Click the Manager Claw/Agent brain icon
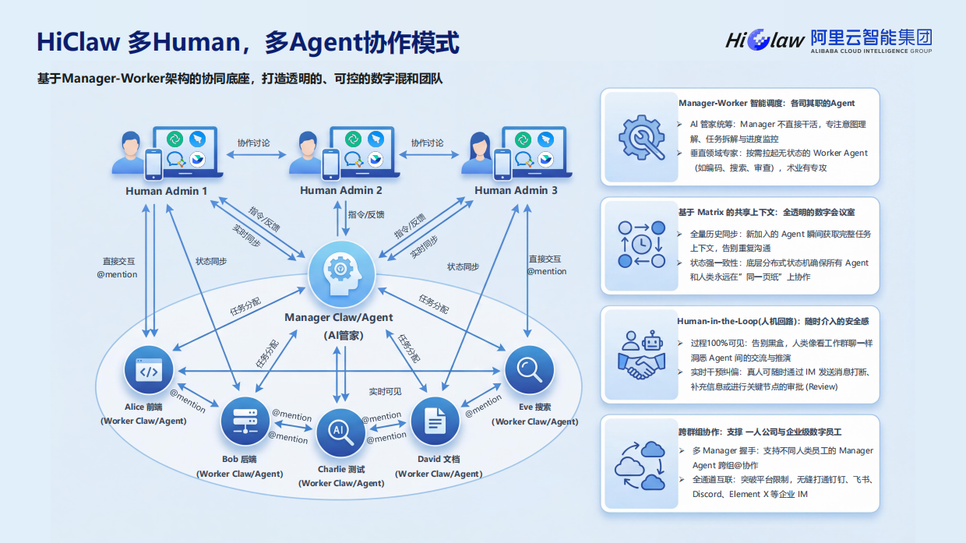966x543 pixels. click(x=340, y=273)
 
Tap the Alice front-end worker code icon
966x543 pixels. click(x=148, y=371)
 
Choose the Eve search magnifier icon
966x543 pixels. click(x=529, y=370)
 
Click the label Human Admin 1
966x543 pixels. click(x=166, y=191)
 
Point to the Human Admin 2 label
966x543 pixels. click(x=340, y=191)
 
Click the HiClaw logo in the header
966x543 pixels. click(x=764, y=40)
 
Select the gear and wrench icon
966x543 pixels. click(x=640, y=137)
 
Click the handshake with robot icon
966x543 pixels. click(x=640, y=355)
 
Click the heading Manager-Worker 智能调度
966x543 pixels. click(x=767, y=103)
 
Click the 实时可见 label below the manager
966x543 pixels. click(x=385, y=391)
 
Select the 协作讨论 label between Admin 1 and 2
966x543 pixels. click(x=253, y=143)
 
